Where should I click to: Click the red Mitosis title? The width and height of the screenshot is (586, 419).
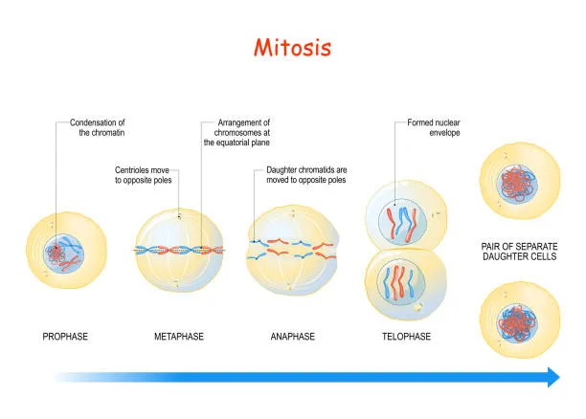(292, 47)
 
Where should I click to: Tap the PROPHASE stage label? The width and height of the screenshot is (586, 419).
(66, 337)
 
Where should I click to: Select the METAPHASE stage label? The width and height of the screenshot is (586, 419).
(179, 337)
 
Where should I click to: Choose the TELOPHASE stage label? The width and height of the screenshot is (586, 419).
(405, 337)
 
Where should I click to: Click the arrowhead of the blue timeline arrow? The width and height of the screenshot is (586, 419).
(552, 377)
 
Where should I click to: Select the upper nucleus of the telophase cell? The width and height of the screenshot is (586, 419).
(403, 222)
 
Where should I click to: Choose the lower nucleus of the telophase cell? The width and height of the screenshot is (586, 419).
(403, 285)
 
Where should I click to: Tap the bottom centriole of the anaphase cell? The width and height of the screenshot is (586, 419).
(289, 286)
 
